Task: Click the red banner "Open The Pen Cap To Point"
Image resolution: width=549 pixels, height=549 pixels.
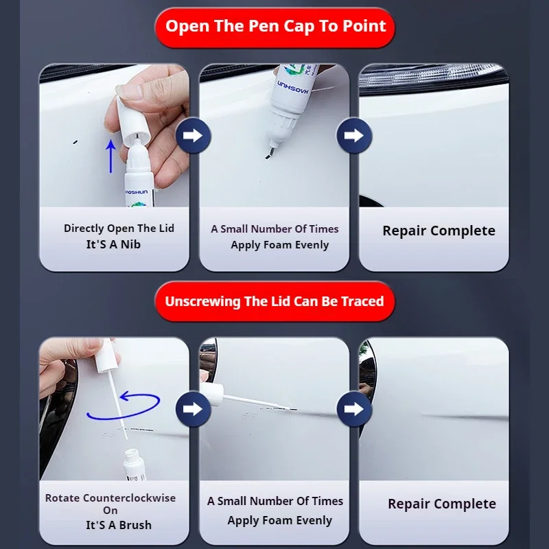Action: (275, 27)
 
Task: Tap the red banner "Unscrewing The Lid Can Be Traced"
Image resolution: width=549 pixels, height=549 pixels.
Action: (274, 301)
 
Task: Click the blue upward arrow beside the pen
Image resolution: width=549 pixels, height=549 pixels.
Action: (110, 156)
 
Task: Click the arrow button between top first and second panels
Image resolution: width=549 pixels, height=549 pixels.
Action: (193, 135)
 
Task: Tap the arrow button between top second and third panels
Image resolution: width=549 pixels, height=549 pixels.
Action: (353, 135)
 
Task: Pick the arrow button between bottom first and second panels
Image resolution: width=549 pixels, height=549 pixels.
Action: (193, 410)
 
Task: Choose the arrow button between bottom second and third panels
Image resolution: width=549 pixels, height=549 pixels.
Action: (353, 410)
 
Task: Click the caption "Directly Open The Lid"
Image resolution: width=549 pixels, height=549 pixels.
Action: (119, 229)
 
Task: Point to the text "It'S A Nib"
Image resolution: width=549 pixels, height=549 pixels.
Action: (113, 244)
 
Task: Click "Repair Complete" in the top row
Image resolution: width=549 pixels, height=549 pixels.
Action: (439, 231)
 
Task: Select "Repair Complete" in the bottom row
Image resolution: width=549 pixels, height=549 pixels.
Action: (441, 504)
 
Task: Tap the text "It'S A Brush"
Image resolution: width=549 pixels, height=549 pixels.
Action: (119, 525)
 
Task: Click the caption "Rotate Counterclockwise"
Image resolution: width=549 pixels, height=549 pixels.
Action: (110, 498)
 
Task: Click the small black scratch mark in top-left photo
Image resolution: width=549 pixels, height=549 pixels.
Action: (75, 142)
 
